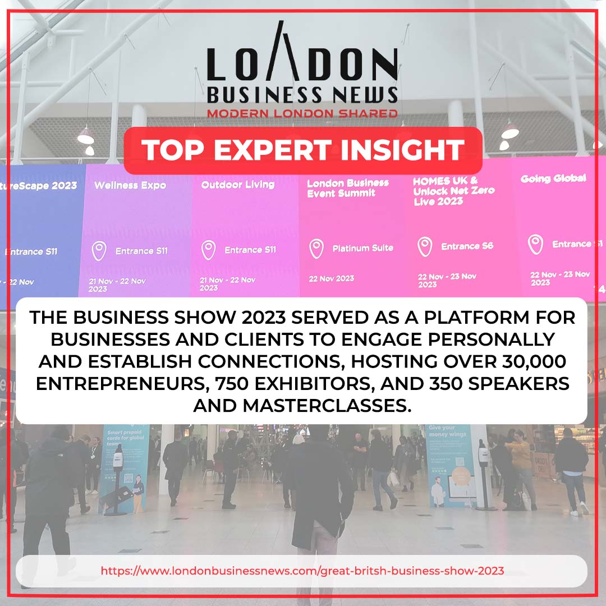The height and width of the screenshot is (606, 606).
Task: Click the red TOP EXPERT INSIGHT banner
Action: (x=303, y=150)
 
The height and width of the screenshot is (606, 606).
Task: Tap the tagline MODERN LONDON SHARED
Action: (x=302, y=113)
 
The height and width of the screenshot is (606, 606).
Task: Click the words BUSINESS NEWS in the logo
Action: (x=302, y=95)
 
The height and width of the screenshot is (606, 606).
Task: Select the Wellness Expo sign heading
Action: (x=130, y=185)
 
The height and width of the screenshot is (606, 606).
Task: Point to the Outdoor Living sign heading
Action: (x=238, y=185)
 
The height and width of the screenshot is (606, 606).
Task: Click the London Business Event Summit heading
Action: (x=348, y=188)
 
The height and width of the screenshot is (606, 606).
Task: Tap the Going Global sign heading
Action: (x=553, y=178)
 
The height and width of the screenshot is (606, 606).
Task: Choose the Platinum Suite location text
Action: (x=362, y=248)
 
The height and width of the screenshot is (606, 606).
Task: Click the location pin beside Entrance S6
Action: (x=425, y=246)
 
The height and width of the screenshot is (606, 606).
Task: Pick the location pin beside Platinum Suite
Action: (x=316, y=248)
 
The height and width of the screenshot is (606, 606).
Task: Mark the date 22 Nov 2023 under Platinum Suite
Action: (x=332, y=278)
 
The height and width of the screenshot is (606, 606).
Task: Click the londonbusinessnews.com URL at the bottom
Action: (x=302, y=571)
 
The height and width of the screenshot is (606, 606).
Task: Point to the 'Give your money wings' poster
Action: (x=448, y=466)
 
